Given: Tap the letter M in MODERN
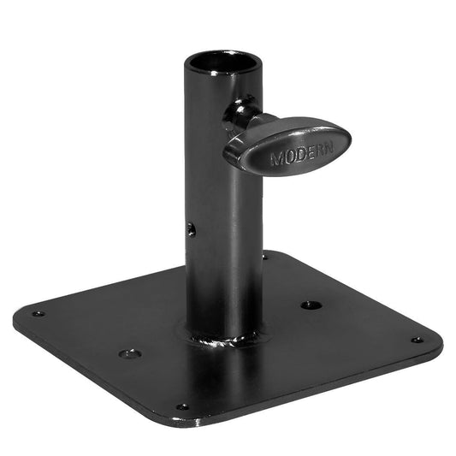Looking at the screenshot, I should tap(275, 159).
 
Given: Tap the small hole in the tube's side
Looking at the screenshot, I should tap(192, 229).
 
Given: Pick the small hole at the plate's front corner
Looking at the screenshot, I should tap(181, 407).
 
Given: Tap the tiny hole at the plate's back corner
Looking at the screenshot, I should tap(264, 255).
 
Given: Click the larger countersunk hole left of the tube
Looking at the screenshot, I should tap(128, 352).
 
